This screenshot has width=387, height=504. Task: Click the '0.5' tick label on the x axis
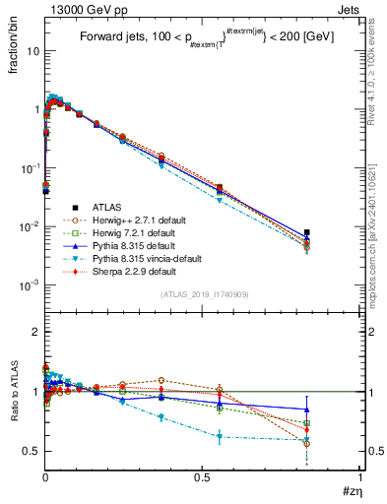[202, 475]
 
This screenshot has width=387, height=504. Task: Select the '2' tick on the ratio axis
[35, 333]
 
